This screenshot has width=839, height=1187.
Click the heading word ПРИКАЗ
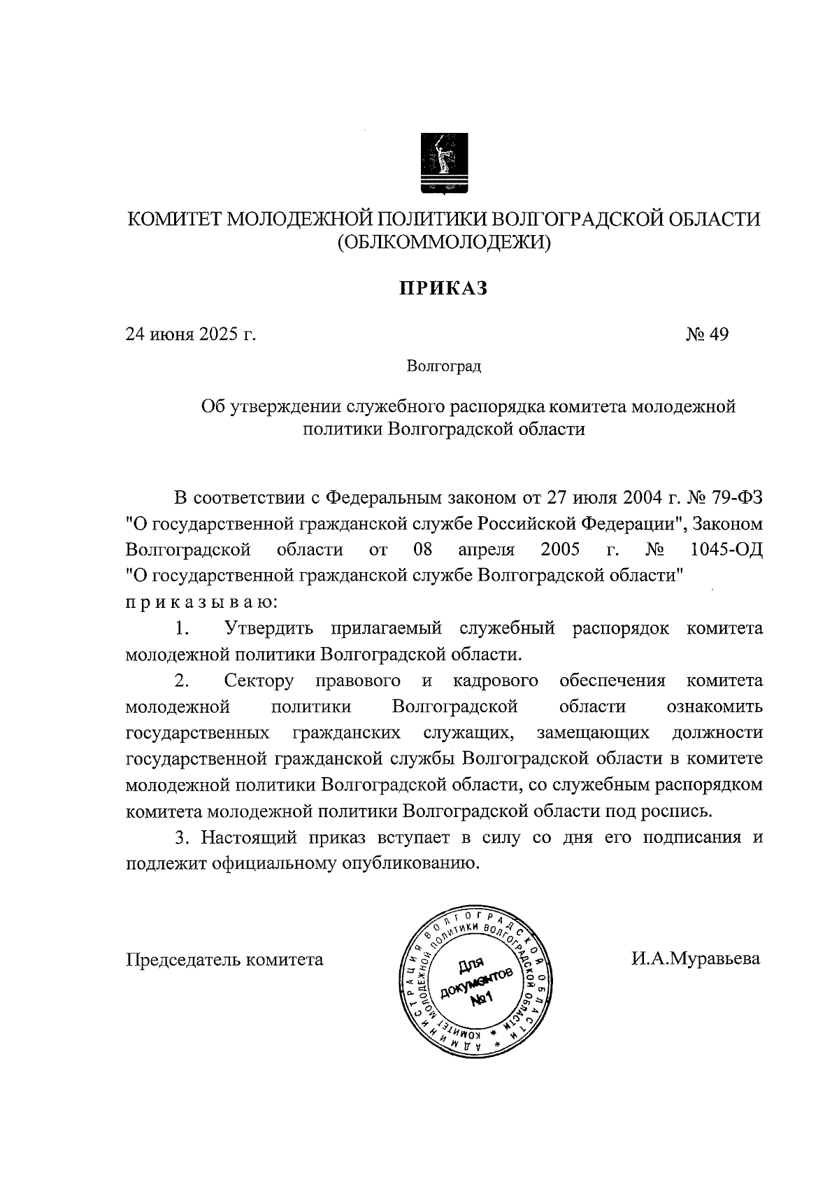click(x=443, y=288)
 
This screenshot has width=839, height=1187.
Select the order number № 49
click(x=707, y=334)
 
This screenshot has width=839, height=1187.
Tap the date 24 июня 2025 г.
click(x=191, y=334)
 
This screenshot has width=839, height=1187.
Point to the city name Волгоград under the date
click(x=444, y=367)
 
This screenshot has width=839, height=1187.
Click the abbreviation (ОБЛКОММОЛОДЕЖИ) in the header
click(x=444, y=243)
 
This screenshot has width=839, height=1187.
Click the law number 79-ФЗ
click(x=738, y=498)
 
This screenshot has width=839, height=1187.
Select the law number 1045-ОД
click(x=726, y=549)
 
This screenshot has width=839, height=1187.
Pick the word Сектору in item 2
click(x=259, y=681)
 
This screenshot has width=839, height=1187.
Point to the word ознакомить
click(x=715, y=706)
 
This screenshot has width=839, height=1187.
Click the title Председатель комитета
click(x=224, y=959)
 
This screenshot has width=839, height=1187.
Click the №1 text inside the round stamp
click(x=482, y=998)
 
